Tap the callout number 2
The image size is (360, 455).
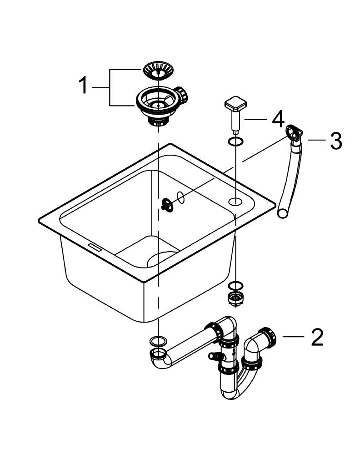[x=317, y=337]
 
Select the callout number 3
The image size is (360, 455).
[x=335, y=141]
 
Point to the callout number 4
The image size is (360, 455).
[x=278, y=119]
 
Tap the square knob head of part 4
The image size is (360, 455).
[x=235, y=104]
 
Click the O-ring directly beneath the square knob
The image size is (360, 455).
[x=235, y=142]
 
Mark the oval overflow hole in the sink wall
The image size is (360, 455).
[x=180, y=197]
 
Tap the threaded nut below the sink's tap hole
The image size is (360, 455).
[x=235, y=299]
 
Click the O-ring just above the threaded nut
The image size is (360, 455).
[x=235, y=286]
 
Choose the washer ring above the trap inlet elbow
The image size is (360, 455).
[x=157, y=340]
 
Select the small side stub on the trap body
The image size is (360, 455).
[x=213, y=355]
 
